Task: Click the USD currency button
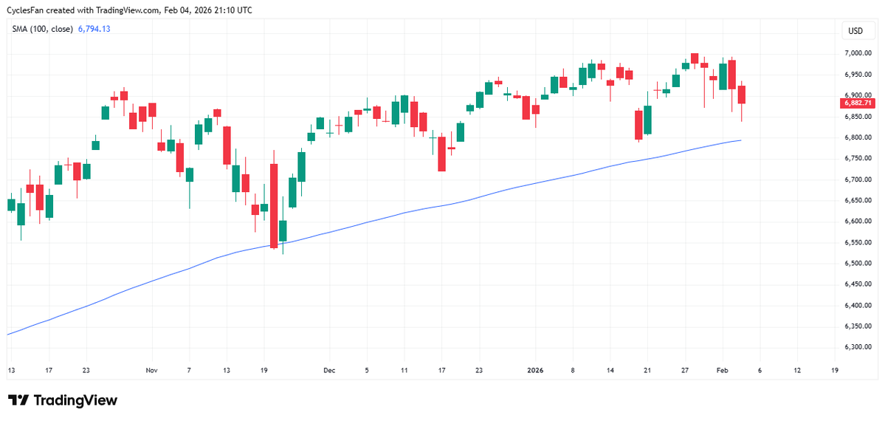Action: (855, 31)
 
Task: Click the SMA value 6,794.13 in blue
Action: (94, 29)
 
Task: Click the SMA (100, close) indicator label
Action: (41, 29)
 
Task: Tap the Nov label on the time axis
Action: (151, 370)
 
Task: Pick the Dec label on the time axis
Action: (330, 370)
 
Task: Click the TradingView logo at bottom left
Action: (63, 400)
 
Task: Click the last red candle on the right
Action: (741, 95)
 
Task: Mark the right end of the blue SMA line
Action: (740, 140)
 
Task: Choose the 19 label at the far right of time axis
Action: (834, 370)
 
